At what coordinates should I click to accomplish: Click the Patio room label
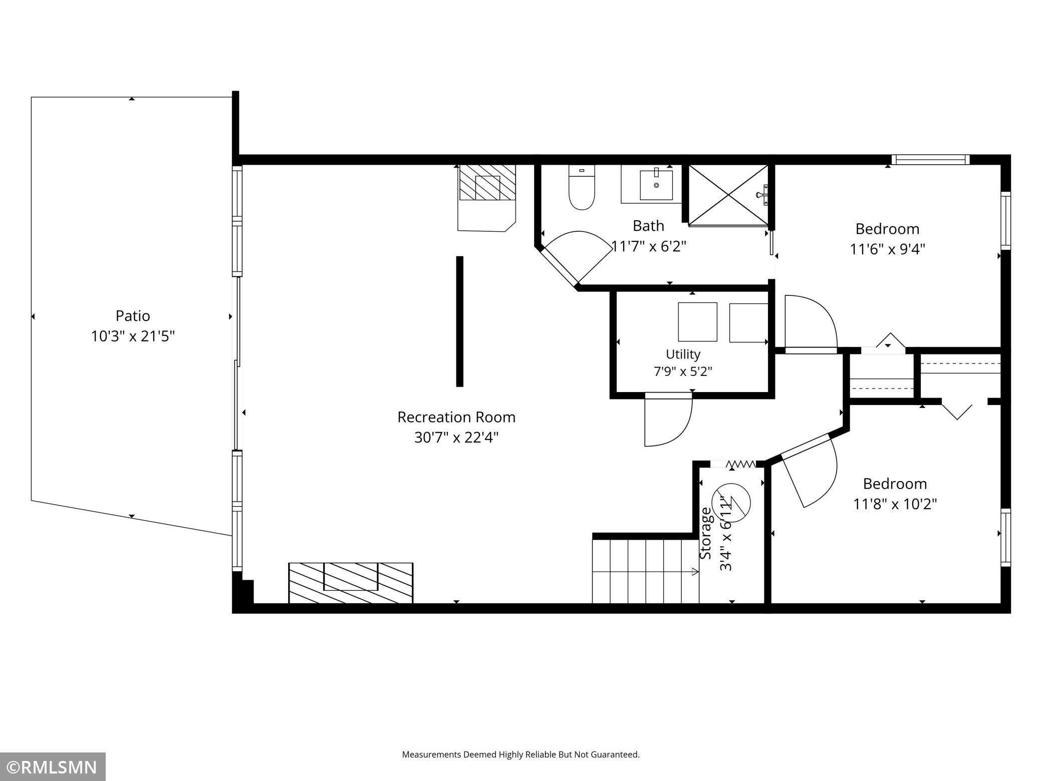(x=133, y=316)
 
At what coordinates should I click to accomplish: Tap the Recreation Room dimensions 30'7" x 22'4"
(x=456, y=438)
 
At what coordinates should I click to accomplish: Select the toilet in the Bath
(x=582, y=188)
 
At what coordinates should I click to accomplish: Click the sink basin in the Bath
(x=656, y=185)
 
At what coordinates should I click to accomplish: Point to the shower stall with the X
(x=728, y=195)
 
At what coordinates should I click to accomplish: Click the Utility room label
(x=683, y=354)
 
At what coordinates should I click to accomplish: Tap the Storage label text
(x=705, y=533)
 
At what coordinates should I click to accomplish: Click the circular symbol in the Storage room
(x=732, y=502)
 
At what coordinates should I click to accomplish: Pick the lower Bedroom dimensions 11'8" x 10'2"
(x=895, y=504)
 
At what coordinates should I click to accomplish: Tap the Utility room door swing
(x=669, y=420)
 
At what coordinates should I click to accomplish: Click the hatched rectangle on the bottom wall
(x=351, y=583)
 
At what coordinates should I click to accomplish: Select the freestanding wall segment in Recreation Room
(x=459, y=321)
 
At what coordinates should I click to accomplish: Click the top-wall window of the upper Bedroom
(x=931, y=160)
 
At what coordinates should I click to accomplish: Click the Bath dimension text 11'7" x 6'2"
(x=649, y=246)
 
